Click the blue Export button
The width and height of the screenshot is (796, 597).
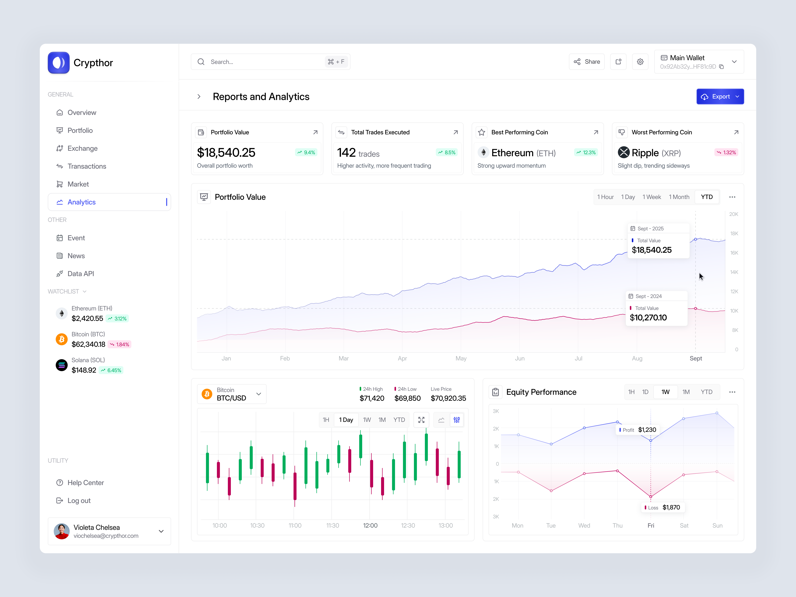[x=720, y=97]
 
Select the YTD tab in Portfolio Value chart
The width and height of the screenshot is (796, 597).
[x=706, y=197]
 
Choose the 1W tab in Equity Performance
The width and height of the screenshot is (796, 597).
[x=665, y=392]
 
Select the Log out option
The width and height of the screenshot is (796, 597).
[x=79, y=500]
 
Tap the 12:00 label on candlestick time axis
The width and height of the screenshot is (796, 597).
[x=370, y=525]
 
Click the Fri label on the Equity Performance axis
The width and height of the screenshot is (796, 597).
[x=651, y=525]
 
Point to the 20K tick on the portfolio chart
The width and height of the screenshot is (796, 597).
[x=733, y=214]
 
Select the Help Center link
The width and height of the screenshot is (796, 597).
[x=85, y=483]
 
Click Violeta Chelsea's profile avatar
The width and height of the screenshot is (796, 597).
[x=62, y=531]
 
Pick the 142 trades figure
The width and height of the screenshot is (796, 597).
[x=358, y=153]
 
